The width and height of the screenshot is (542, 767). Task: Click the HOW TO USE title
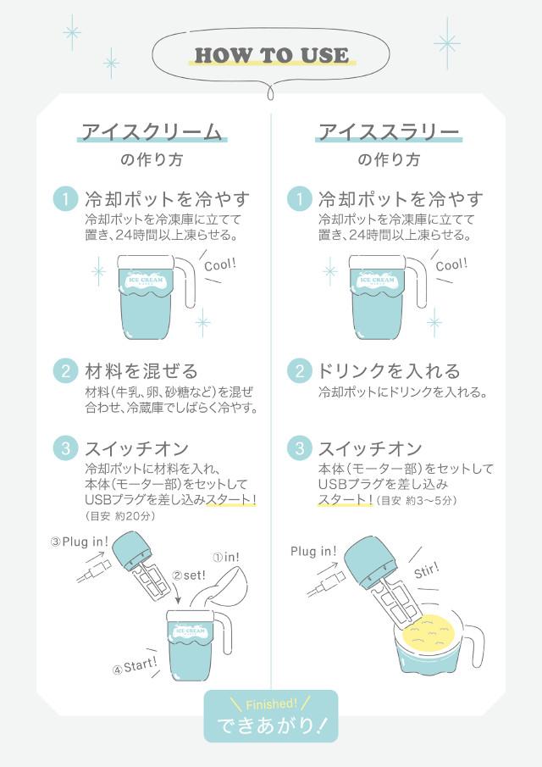(271, 55)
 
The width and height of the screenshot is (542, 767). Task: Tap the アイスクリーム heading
(152, 131)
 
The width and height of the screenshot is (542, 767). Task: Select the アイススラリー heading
(389, 131)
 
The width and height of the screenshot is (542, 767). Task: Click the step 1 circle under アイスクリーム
(65, 199)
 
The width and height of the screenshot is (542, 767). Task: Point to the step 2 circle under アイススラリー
(300, 370)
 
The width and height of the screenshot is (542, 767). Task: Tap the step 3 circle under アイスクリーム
(65, 448)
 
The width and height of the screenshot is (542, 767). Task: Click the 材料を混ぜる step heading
(141, 370)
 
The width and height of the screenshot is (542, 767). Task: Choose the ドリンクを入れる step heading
(389, 370)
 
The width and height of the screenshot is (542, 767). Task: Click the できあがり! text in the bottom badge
(271, 725)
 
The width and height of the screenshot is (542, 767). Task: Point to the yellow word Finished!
(271, 704)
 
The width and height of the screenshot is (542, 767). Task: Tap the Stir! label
(427, 570)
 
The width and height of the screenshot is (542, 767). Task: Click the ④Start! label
(135, 666)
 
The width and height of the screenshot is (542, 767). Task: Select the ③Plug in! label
(79, 542)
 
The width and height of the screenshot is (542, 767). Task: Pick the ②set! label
(189, 575)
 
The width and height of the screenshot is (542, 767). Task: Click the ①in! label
(226, 557)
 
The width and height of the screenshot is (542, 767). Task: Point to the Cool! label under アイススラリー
(451, 265)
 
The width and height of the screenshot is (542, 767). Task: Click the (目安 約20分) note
(119, 516)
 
